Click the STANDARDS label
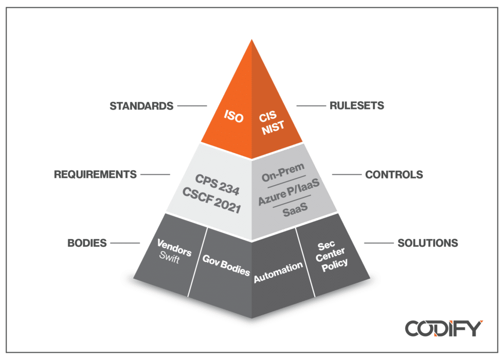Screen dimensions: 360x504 click(x=141, y=106)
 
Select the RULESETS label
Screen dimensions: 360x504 click(x=356, y=106)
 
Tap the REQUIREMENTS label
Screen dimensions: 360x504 click(x=95, y=174)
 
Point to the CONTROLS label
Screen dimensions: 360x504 click(x=394, y=175)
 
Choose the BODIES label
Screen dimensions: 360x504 click(x=87, y=243)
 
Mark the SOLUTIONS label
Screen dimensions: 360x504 click(x=427, y=243)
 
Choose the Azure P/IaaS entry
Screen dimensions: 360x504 click(x=289, y=194)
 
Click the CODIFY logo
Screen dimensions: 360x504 click(x=443, y=328)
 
